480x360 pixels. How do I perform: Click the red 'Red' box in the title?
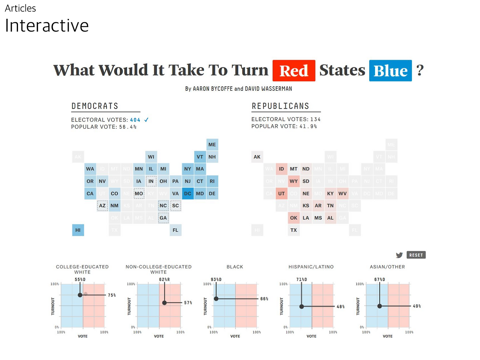point(294,70)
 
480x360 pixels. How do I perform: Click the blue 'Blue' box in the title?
point(390,70)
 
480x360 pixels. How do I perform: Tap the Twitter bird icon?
point(399,255)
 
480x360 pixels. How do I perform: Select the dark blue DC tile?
point(187,193)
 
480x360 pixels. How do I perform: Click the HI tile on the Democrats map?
point(78,230)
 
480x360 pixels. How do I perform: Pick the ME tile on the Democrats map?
point(212,145)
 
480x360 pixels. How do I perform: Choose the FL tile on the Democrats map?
point(175,230)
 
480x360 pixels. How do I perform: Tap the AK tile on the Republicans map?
point(257,157)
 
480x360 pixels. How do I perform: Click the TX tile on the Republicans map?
point(294,230)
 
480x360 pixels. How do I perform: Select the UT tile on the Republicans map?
point(281,193)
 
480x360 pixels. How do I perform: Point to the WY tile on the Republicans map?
point(294,181)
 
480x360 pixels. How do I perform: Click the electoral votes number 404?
point(135,120)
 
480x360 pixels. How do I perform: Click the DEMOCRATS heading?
point(95,106)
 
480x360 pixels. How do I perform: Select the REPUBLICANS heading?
point(280,106)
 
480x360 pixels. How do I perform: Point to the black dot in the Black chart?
point(216,299)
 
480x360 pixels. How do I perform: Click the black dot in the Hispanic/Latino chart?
point(301,306)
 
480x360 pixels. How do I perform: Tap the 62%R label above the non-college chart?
point(164,279)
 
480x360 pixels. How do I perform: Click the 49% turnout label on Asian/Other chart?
point(417,306)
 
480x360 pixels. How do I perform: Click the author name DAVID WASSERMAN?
point(268,89)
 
